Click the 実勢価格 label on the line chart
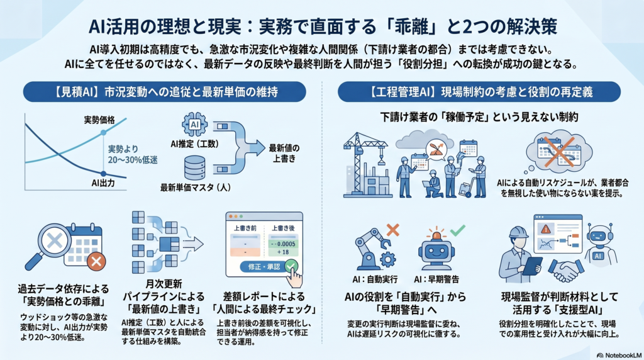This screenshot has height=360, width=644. click(99, 120)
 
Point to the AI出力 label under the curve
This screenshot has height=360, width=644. click(103, 183)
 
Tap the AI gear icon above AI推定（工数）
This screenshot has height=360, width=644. click(194, 124)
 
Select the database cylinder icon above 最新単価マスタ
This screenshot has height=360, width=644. click(195, 167)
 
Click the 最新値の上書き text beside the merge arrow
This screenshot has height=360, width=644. click(284, 153)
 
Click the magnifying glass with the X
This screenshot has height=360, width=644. click(49, 245)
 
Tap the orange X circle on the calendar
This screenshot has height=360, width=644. click(96, 261)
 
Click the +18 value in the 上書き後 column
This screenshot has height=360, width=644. click(282, 252)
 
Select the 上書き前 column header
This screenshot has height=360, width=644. click(245, 228)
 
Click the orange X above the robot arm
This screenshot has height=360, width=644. click(392, 230)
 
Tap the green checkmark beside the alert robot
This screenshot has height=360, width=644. click(457, 230)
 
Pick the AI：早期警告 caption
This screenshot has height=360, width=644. click(436, 280)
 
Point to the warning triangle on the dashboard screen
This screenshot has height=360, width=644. click(545, 228)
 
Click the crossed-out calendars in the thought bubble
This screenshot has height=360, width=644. click(559, 150)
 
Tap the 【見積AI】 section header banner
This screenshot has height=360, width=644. click(164, 92)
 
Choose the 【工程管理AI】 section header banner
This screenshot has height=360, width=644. click(479, 92)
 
